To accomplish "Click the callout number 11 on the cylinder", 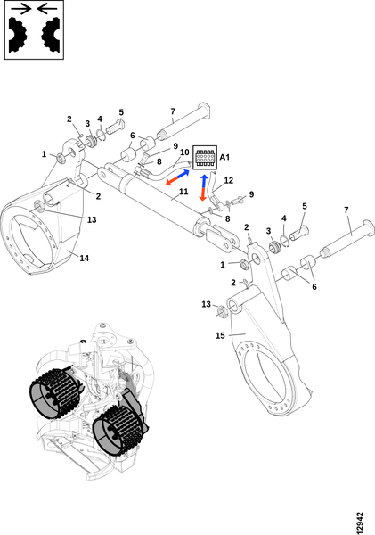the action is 183,192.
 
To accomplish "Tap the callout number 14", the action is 85,258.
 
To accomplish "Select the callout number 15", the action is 220,336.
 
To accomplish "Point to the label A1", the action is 224,157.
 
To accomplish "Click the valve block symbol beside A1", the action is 205,157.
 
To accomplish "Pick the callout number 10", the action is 184,152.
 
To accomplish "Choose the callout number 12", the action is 228,180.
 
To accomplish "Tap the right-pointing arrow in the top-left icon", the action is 20,9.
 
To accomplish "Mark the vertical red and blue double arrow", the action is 204,187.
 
